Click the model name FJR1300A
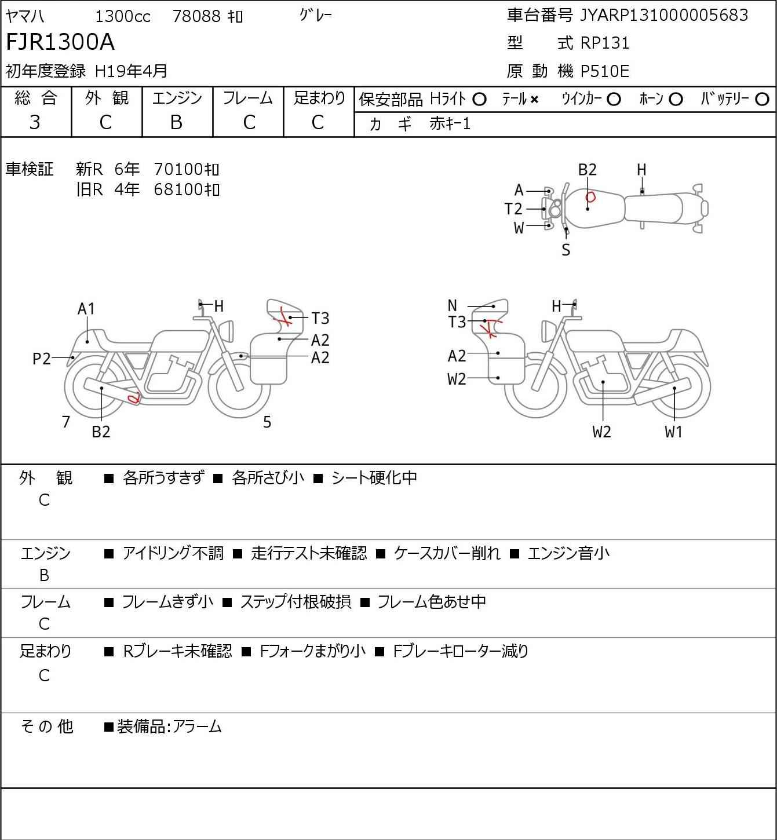[x=60, y=42]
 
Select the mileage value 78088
[x=196, y=16]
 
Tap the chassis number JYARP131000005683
[x=663, y=15]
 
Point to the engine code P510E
[x=605, y=71]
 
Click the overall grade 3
[x=35, y=123]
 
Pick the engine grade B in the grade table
[x=177, y=123]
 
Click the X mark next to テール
[x=534, y=100]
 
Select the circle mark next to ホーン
[x=676, y=100]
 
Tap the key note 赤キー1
[x=450, y=124]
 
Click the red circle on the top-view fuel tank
[x=590, y=196]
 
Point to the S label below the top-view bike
[x=566, y=250]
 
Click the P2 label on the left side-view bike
[x=42, y=359]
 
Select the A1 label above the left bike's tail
[x=86, y=309]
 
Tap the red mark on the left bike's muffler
[x=134, y=398]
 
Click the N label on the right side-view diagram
[x=452, y=305]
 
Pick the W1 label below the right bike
[x=673, y=432]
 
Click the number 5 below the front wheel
[x=267, y=422]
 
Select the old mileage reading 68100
[x=178, y=189]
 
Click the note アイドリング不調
[x=173, y=553]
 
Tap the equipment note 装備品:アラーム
[x=169, y=726]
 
